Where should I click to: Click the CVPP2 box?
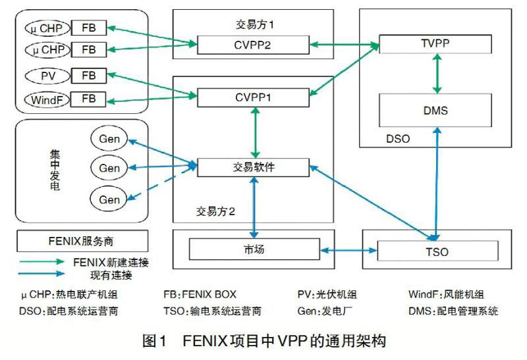(x=254, y=45)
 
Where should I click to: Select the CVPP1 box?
(x=254, y=98)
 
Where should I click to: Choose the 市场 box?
(x=254, y=249)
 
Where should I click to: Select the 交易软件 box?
(x=254, y=167)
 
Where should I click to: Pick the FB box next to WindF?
(x=89, y=100)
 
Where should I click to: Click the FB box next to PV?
(x=89, y=76)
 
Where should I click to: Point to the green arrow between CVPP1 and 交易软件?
(x=254, y=132)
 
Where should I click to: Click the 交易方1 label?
(x=254, y=24)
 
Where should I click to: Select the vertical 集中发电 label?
(x=55, y=168)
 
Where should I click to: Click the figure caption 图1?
(x=156, y=342)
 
